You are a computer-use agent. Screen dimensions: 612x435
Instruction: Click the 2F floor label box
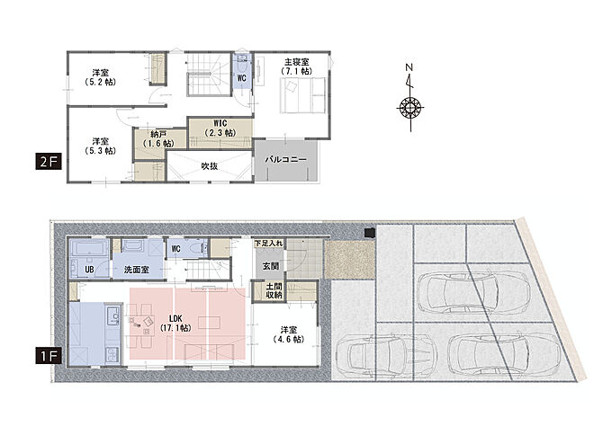49,162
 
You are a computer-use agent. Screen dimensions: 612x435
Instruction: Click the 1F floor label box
49,356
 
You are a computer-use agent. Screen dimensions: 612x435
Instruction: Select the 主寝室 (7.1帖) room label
297,67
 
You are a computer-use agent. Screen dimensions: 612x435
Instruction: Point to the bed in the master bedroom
303,95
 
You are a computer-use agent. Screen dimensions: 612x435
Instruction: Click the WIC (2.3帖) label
220,129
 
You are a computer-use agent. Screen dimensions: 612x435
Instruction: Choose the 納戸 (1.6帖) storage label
158,138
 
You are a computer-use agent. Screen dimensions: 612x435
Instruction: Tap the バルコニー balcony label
286,160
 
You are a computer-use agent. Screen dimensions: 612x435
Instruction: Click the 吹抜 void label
210,165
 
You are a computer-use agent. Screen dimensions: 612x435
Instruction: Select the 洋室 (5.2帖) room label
101,77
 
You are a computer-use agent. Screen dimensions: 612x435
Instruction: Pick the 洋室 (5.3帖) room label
101,146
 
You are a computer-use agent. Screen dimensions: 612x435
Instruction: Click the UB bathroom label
89,270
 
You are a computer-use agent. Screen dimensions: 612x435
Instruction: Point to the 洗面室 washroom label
136,270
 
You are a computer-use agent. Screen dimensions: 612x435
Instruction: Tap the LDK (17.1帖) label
175,324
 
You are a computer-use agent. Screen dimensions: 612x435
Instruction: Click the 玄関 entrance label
271,266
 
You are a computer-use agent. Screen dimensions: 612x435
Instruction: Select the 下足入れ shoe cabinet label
268,244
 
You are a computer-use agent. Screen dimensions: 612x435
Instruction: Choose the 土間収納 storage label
274,290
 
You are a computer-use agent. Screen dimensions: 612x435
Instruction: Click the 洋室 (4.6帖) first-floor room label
288,334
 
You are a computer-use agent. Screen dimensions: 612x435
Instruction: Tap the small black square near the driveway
370,233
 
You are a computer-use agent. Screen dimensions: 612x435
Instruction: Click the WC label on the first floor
176,249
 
